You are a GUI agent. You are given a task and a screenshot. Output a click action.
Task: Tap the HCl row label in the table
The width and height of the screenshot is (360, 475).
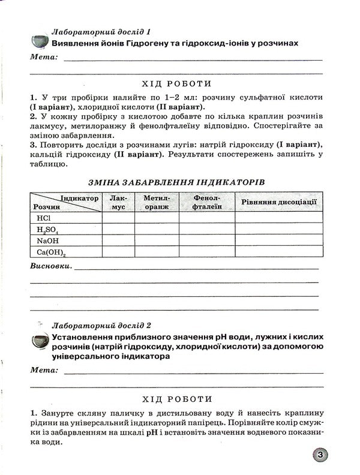[x=44, y=218]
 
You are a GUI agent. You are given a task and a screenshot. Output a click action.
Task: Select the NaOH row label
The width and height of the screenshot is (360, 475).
[x=47, y=240]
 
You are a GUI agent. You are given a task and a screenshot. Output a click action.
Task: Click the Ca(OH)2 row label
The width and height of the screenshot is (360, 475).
[x=51, y=252]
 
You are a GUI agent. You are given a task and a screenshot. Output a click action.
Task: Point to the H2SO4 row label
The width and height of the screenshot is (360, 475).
[x=47, y=229]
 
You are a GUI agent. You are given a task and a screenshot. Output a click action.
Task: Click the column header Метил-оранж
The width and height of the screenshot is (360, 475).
[x=157, y=202]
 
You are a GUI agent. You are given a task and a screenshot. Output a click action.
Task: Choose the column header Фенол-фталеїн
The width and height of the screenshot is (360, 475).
[x=207, y=202]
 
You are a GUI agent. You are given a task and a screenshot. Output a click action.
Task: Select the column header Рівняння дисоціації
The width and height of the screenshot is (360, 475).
[x=278, y=202]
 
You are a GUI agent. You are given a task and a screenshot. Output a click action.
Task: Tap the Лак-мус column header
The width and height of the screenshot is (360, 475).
[x=118, y=202]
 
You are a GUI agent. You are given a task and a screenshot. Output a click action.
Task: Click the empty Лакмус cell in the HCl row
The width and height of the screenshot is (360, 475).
[x=118, y=218]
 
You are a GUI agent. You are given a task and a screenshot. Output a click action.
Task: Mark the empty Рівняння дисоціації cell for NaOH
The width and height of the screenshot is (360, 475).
[x=278, y=240]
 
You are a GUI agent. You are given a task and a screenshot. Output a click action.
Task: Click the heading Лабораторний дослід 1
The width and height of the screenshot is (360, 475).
[x=101, y=31]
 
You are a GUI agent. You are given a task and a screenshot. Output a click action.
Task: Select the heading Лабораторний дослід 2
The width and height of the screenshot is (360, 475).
[x=101, y=325]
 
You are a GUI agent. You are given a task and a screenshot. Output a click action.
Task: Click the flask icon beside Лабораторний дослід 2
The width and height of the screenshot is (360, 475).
[x=40, y=341]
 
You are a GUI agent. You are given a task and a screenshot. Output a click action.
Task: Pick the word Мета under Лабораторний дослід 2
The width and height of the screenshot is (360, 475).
[x=44, y=371]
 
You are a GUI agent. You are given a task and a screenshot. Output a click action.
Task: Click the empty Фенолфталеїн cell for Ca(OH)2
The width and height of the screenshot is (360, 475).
[x=207, y=252]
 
